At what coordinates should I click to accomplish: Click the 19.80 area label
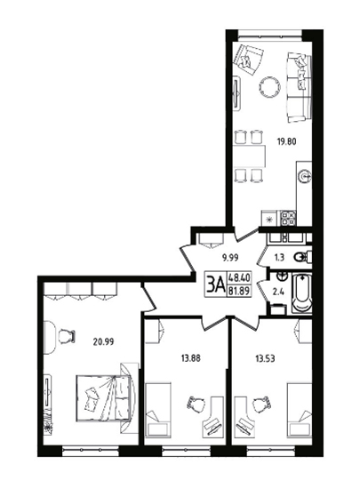[x=286, y=142]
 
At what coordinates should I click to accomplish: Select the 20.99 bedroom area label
[x=103, y=341]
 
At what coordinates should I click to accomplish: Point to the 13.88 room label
[x=191, y=358]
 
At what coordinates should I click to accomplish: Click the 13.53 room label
[x=265, y=358]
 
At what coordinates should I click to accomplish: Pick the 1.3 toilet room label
[x=280, y=258]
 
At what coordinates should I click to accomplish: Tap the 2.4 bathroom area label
[x=277, y=292]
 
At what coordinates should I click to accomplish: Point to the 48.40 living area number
[x=240, y=277]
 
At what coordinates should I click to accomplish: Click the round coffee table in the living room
[x=269, y=87]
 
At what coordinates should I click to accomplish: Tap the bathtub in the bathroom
[x=301, y=293]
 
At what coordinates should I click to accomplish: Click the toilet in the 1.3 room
[x=302, y=258]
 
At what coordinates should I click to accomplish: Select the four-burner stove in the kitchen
[x=288, y=218]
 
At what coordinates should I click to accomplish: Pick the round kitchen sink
[x=305, y=177]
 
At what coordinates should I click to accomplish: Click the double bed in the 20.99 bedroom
[x=103, y=397]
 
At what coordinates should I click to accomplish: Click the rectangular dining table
[x=249, y=156]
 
